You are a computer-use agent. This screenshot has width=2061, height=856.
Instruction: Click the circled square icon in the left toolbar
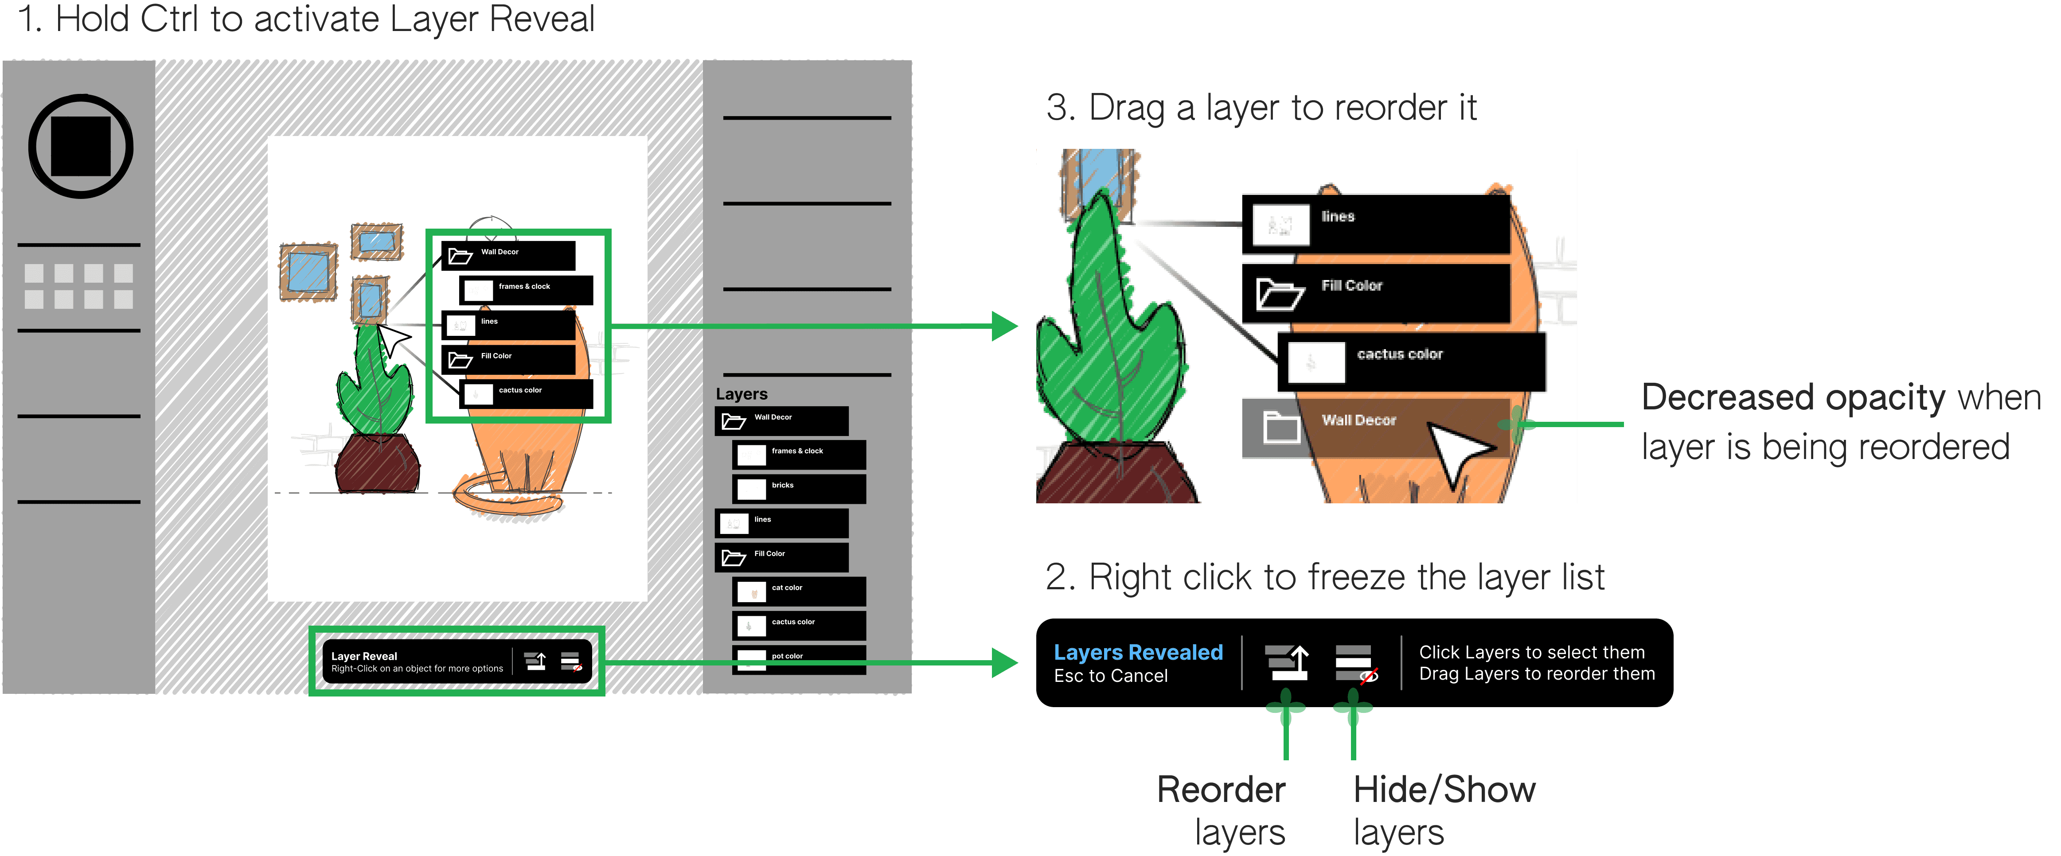pyautogui.click(x=80, y=146)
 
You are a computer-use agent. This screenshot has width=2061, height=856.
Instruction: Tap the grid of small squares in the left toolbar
pyautogui.click(x=78, y=286)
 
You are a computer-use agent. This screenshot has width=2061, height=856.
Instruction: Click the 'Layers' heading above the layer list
pyautogui.click(x=741, y=394)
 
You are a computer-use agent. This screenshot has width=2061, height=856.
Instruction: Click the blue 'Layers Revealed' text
pyautogui.click(x=1138, y=652)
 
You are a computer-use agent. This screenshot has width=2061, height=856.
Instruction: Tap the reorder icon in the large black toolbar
pyautogui.click(x=1286, y=662)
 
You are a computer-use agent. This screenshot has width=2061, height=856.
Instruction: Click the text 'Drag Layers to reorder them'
pyautogui.click(x=1536, y=674)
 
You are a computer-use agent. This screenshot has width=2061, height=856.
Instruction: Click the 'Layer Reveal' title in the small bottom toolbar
pyautogui.click(x=364, y=656)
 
